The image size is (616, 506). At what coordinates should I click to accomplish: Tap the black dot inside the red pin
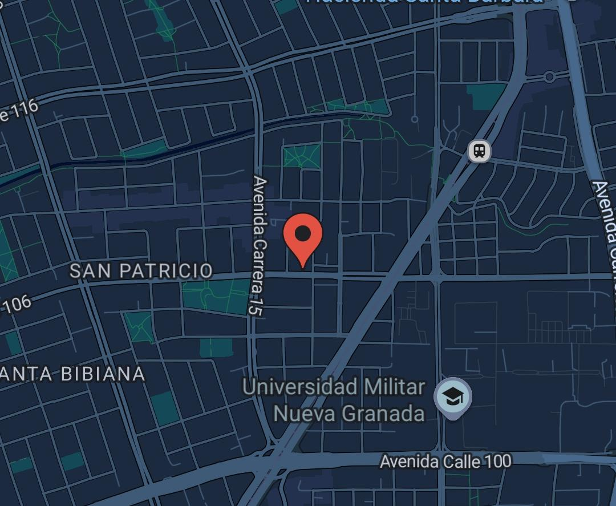303,233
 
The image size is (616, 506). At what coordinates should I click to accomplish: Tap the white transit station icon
480,151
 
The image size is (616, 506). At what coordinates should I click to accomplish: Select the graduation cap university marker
453,397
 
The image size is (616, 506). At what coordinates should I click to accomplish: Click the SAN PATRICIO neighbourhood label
141,270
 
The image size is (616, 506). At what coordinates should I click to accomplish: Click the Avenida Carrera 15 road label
260,246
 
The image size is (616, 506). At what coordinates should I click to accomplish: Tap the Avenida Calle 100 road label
445,461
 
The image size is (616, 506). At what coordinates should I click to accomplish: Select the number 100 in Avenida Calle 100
496,461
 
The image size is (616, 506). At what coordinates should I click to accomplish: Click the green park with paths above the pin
301,156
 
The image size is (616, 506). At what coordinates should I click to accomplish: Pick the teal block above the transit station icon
486,96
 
